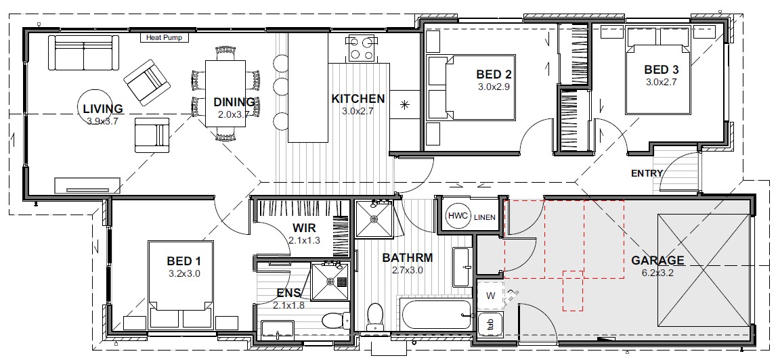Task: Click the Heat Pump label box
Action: (165, 37)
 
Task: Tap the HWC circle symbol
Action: (458, 216)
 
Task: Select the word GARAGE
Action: (657, 261)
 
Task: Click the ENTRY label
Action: (647, 173)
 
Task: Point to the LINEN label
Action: (485, 217)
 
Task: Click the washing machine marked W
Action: (491, 296)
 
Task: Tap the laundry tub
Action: (491, 325)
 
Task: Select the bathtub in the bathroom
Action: (435, 315)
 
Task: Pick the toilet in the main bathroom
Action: (374, 316)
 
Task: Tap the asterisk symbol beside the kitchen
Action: (405, 105)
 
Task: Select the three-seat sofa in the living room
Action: (85, 53)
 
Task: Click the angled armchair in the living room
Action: (147, 83)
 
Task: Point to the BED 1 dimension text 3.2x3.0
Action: (184, 273)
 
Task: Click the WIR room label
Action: (304, 229)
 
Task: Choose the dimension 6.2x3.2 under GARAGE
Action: (657, 272)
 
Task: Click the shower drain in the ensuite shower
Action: (331, 281)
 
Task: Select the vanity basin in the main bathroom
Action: (462, 267)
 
